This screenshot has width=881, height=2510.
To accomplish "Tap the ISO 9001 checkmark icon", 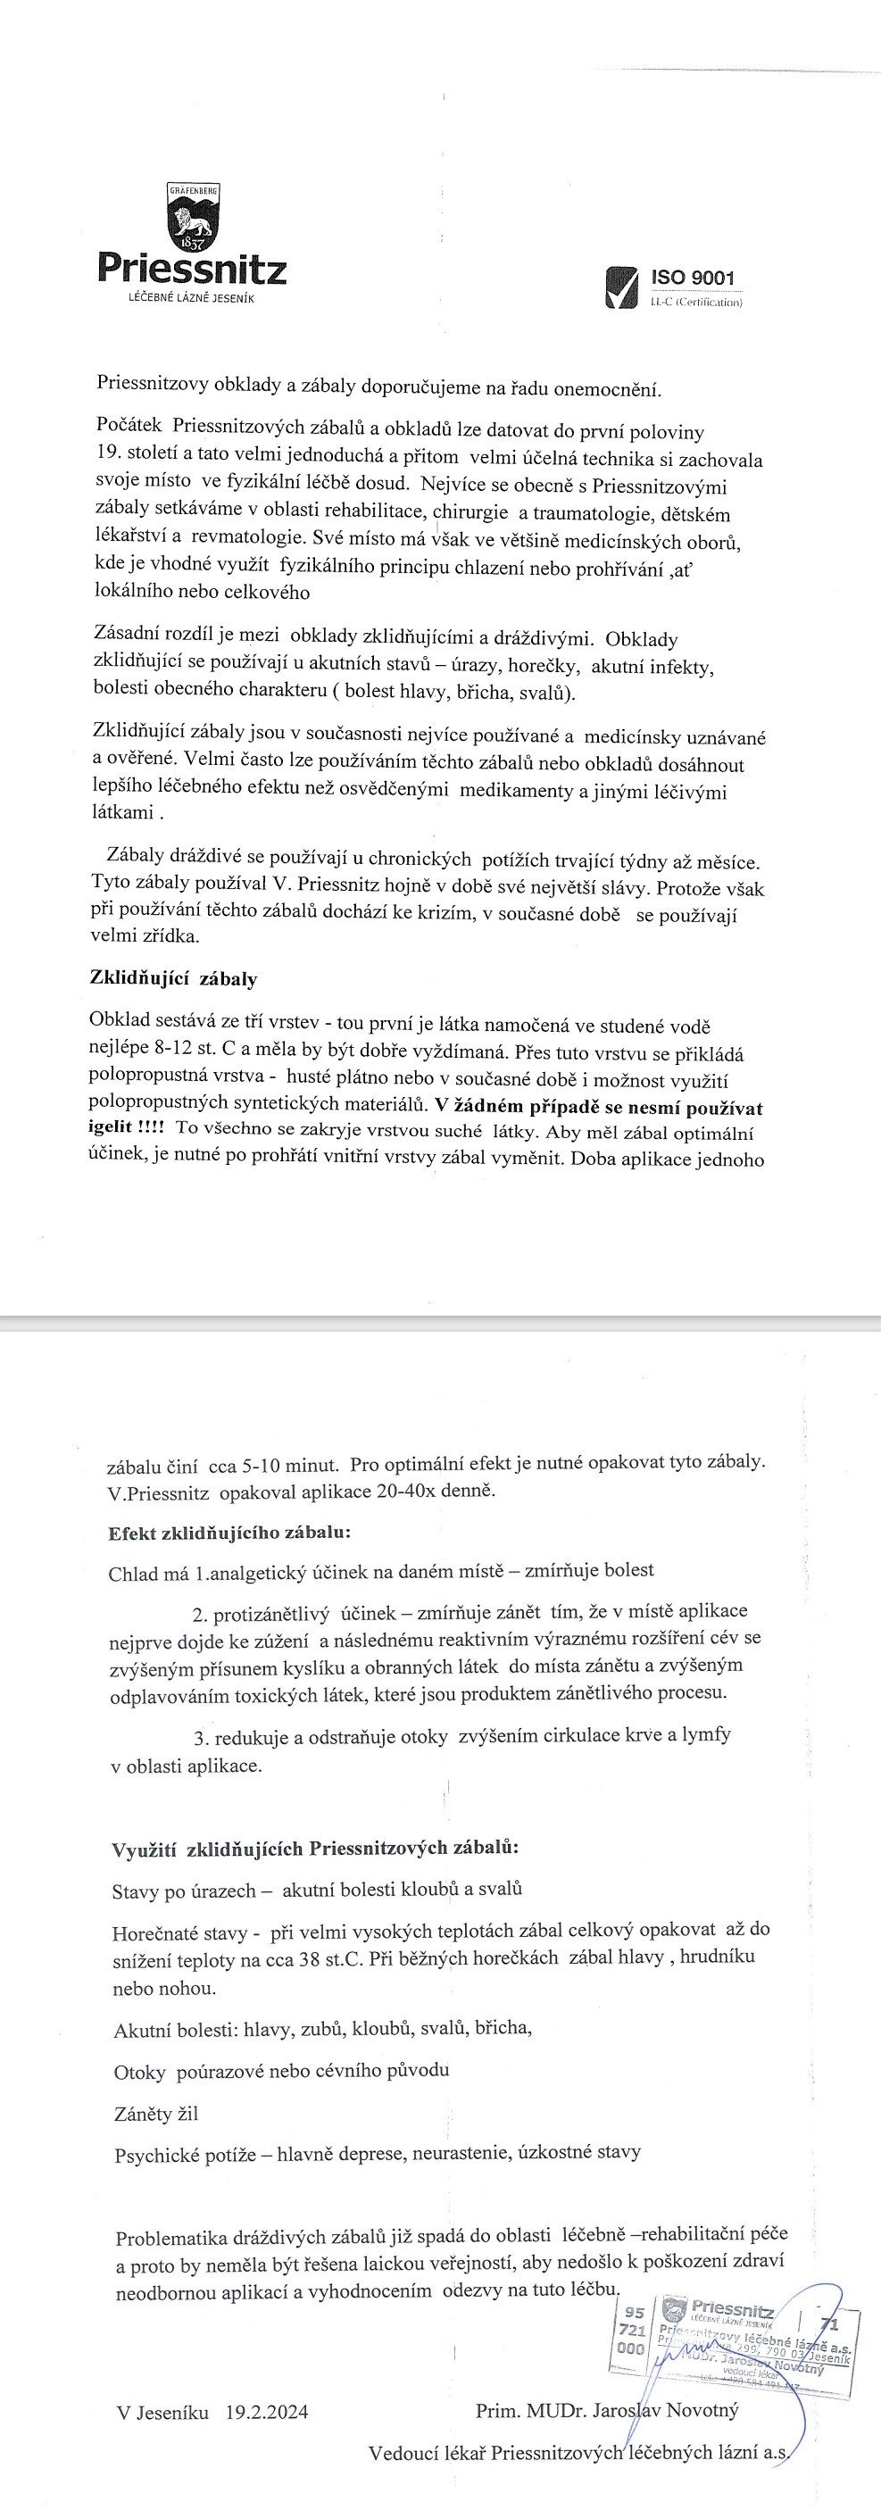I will tap(622, 287).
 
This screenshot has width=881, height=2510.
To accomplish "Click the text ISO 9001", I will tap(692, 278).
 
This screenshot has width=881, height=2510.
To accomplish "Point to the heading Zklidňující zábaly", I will tap(172, 978).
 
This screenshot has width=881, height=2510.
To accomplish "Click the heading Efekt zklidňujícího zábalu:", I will tap(229, 1533).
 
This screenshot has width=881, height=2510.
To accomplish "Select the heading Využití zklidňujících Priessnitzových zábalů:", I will tap(316, 1848).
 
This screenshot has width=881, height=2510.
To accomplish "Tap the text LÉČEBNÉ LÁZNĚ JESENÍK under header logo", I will tap(191, 297).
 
